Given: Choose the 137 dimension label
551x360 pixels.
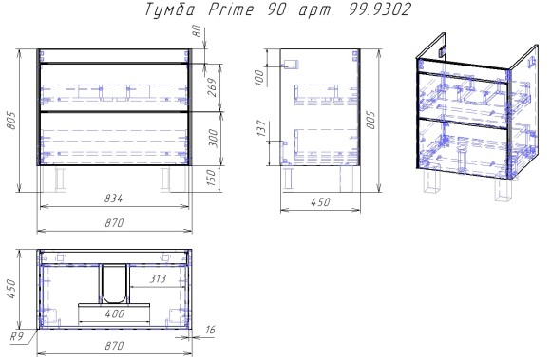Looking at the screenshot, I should (261, 129).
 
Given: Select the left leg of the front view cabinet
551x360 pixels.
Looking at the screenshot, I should (59, 179).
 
